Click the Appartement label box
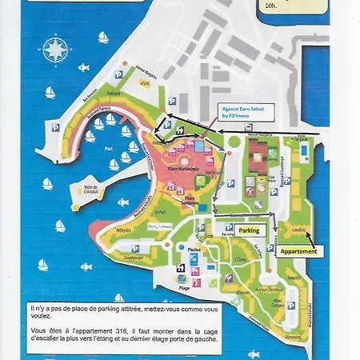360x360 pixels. [x=298, y=250]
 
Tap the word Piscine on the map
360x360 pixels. [x=194, y=250]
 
